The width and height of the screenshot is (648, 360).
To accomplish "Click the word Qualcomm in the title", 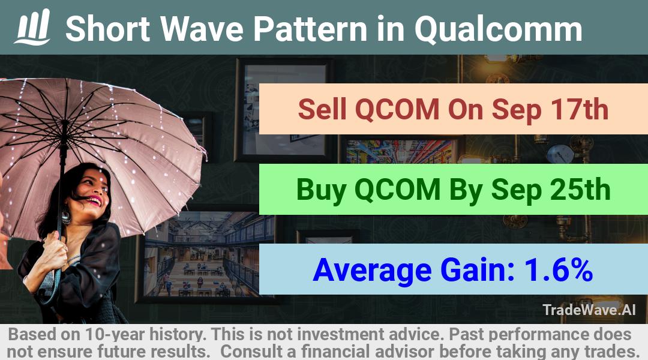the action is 499,29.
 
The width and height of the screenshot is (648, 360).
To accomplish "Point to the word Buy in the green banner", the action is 321,191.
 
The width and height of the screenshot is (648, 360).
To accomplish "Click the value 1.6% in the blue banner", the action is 559,270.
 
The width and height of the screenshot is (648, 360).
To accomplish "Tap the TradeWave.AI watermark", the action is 589,310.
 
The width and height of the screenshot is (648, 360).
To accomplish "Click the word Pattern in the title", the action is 310,29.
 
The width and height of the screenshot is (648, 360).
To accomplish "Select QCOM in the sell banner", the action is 397,110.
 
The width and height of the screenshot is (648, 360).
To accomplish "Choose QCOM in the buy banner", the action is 397,190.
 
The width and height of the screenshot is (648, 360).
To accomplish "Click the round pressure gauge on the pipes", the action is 560,154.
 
